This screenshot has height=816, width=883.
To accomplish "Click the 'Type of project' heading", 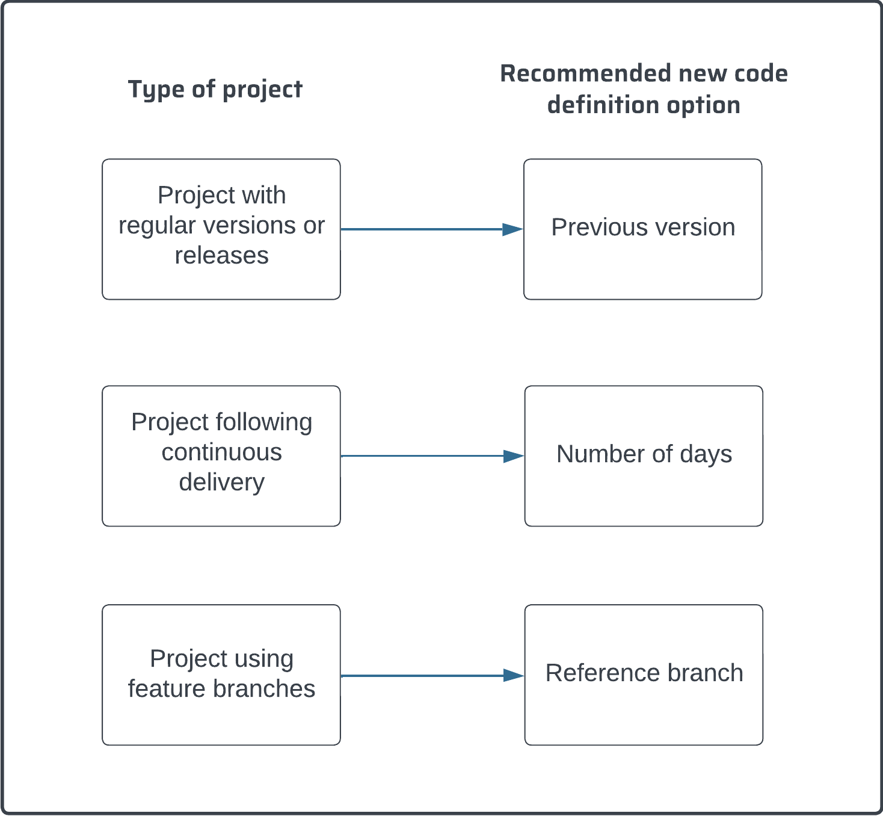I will [215, 89].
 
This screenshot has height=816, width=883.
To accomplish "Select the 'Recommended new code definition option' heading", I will [644, 89].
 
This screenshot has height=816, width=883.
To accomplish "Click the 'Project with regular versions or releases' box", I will [221, 229].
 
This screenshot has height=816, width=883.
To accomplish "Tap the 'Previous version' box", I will [642, 229].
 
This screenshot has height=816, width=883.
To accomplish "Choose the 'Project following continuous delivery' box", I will [221, 456].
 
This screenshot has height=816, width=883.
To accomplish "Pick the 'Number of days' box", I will [644, 456].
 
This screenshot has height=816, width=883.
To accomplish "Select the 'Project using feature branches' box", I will [221, 675].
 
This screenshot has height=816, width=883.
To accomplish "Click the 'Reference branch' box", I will [644, 675].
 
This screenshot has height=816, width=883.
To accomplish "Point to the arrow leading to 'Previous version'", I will [421, 229].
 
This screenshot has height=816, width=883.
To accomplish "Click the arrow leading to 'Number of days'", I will [421, 456].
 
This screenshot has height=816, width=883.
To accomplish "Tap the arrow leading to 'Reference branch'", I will [421, 676].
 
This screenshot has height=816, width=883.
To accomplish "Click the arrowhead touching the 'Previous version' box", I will [512, 229].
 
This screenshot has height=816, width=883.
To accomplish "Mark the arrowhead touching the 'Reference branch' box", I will [513, 676].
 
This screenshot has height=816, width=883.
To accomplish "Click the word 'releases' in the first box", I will [221, 256].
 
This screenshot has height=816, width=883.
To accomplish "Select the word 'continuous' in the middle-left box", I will [221, 453].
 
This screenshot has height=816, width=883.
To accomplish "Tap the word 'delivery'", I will [221, 483].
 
